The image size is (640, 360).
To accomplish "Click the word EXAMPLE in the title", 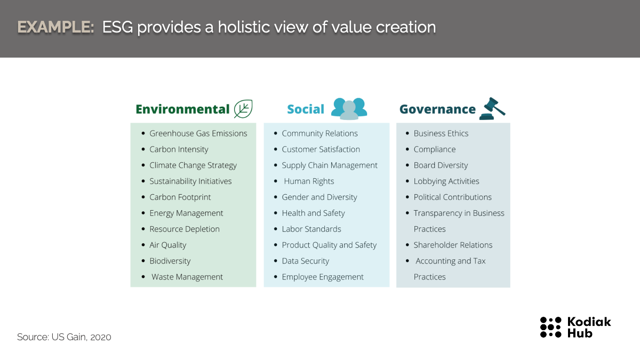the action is click(x=55, y=27).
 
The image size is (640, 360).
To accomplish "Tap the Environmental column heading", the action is click(x=182, y=109).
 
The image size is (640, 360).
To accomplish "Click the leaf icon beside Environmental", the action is click(x=243, y=109).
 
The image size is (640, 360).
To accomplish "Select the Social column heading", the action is click(x=306, y=109).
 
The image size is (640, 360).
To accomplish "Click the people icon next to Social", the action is click(x=349, y=109).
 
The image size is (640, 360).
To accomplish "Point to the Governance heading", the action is click(x=437, y=109).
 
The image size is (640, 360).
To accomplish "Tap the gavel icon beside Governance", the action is click(x=492, y=109).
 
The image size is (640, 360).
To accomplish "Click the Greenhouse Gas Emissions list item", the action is click(x=198, y=133).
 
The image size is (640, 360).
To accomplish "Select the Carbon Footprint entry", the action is click(x=180, y=197).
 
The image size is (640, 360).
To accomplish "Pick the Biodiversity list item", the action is click(x=170, y=261).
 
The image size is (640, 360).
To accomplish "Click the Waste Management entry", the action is click(x=187, y=277).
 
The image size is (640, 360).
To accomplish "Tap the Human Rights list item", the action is click(x=309, y=181).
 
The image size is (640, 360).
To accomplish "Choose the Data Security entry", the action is click(x=306, y=261).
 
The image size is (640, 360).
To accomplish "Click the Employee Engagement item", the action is click(x=323, y=277).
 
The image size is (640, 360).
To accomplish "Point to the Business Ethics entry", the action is click(x=441, y=133).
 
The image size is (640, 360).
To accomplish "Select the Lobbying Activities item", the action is click(x=446, y=181).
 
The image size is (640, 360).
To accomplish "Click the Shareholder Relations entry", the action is click(x=453, y=245).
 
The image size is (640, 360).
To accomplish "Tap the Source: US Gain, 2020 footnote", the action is click(x=64, y=337).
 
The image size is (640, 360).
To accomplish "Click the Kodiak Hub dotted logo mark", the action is click(x=550, y=327).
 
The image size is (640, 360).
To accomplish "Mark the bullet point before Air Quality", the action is click(x=143, y=245).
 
